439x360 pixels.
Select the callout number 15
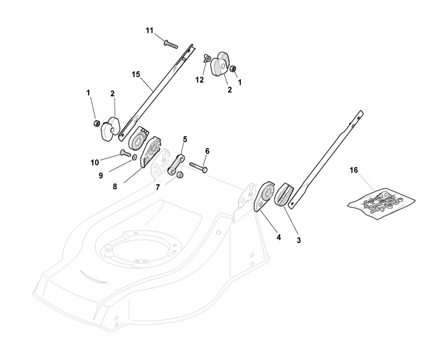point(136,75)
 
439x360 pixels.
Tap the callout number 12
point(200,80)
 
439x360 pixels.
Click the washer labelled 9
point(135,158)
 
